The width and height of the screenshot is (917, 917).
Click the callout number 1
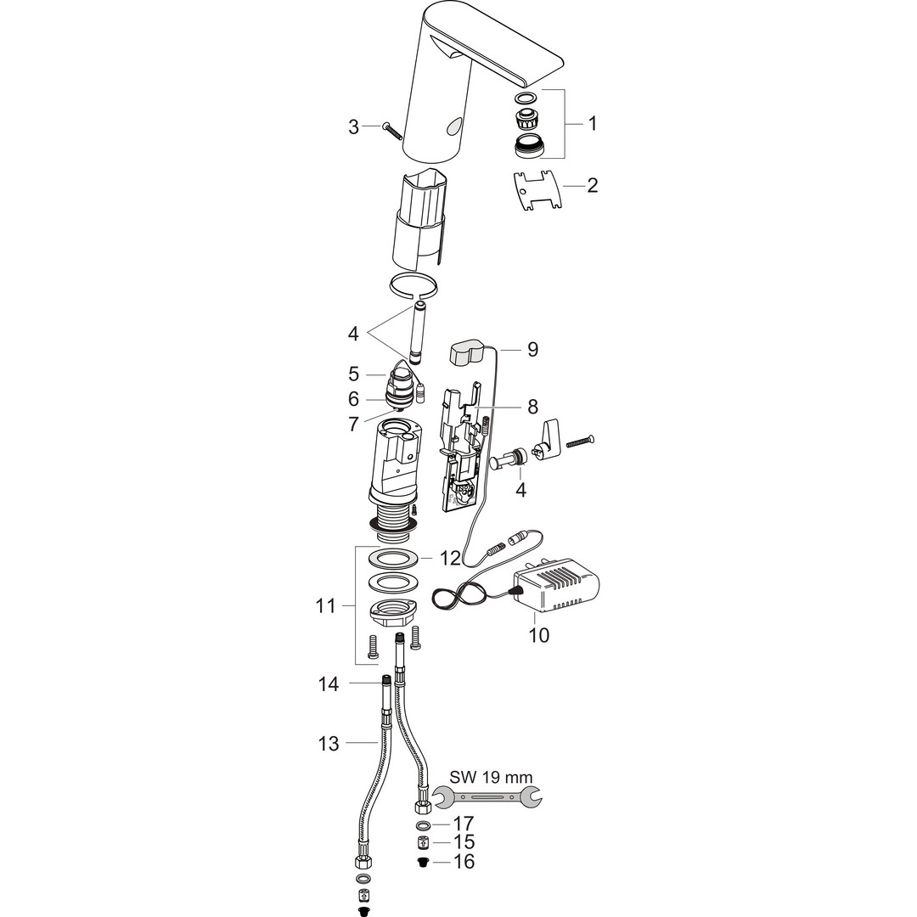coord(593,123)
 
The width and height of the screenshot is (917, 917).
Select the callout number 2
coord(593,185)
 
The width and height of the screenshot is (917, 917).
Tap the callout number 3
coord(353,127)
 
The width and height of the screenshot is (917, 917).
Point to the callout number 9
coord(532,349)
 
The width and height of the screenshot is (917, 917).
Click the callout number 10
coord(539,635)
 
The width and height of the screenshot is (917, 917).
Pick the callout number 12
coord(450,558)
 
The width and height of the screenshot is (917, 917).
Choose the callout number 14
coord(329,684)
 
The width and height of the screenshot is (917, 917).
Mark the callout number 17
coord(464,824)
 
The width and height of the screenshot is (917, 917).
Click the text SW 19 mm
coord(492,777)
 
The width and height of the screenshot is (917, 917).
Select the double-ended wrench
coord(487,796)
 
